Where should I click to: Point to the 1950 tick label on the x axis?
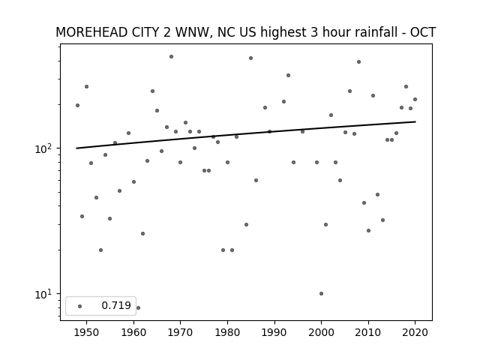[x=87, y=332]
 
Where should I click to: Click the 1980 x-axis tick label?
[x=227, y=332]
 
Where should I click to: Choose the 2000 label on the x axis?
[x=321, y=332]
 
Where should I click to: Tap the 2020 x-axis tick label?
[x=415, y=332]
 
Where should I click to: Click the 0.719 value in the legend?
[x=116, y=305]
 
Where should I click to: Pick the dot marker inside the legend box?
[x=80, y=306]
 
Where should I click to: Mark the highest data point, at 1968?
[x=171, y=57]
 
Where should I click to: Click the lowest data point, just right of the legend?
[x=138, y=307]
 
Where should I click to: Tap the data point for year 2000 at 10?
[x=321, y=293]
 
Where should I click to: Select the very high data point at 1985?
[x=250, y=58]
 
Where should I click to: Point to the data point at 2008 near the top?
[x=358, y=61]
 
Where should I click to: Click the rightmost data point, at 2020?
[x=415, y=99]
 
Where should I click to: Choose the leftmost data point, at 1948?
[x=77, y=105]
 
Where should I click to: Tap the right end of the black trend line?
[x=415, y=121]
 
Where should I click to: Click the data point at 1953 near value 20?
[x=100, y=250]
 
